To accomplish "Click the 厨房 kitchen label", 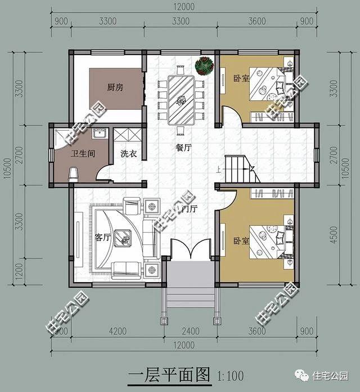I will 115,88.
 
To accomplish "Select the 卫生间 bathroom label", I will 82,153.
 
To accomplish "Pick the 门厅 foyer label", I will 190,209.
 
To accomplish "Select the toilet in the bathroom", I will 73,173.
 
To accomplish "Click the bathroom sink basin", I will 100,135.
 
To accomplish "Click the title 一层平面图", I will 169,374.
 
